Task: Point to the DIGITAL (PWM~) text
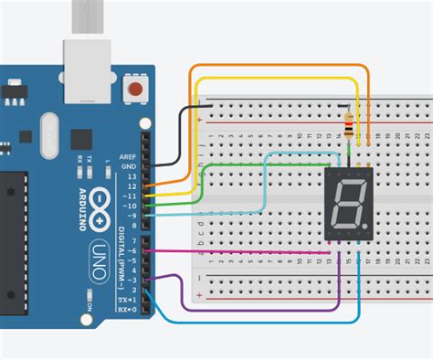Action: (121, 246)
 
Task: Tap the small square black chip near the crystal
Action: (81, 139)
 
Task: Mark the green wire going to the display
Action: (238, 165)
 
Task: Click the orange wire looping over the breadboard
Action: (274, 67)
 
